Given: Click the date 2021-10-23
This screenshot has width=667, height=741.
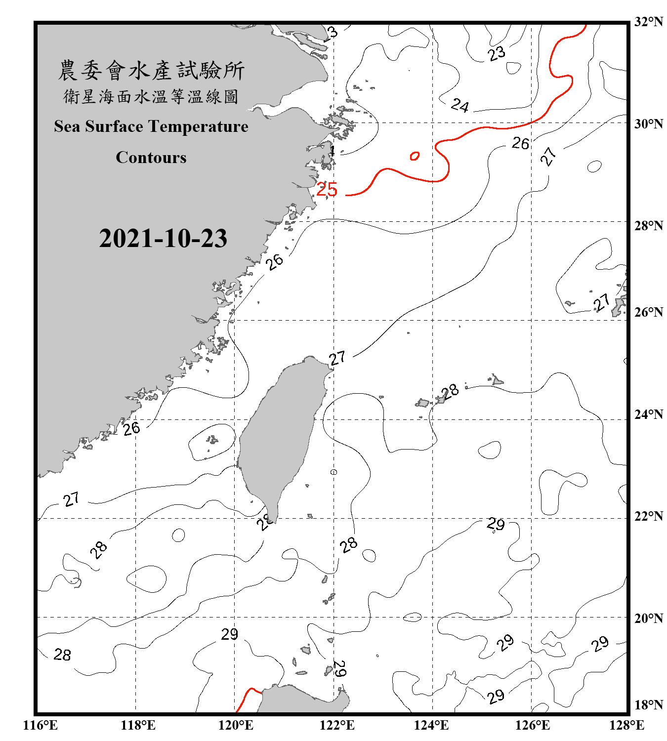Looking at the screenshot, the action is point(163,239).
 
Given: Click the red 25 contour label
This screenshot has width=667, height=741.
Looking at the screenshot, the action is point(327,189).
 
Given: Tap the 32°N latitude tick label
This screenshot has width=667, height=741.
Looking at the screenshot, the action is point(648,22).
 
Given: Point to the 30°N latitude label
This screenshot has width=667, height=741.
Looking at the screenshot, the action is point(648,124).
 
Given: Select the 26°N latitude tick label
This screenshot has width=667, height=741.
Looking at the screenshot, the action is point(648,312).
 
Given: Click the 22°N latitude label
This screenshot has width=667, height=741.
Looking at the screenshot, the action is point(648,516).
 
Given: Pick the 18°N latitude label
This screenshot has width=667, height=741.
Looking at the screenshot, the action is point(648,705).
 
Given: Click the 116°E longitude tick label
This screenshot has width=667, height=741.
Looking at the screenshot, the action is point(40,725).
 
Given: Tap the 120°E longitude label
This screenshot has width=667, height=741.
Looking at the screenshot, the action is point(236,725).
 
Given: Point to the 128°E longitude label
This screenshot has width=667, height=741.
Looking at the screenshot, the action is point(626,725).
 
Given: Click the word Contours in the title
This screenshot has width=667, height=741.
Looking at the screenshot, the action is point(151,158).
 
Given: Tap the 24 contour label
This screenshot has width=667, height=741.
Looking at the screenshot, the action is point(460,105).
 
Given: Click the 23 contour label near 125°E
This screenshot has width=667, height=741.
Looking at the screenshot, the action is point(497,53).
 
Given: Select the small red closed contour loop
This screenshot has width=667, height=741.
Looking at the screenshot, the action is point(415,156).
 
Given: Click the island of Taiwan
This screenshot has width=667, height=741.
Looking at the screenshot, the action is point(279,435).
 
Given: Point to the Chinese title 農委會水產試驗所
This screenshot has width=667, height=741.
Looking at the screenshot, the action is point(151,71).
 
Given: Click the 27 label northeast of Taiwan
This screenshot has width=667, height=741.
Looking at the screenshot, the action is point(337,358).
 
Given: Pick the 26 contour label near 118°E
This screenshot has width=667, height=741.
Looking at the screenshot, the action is point(131,428).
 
